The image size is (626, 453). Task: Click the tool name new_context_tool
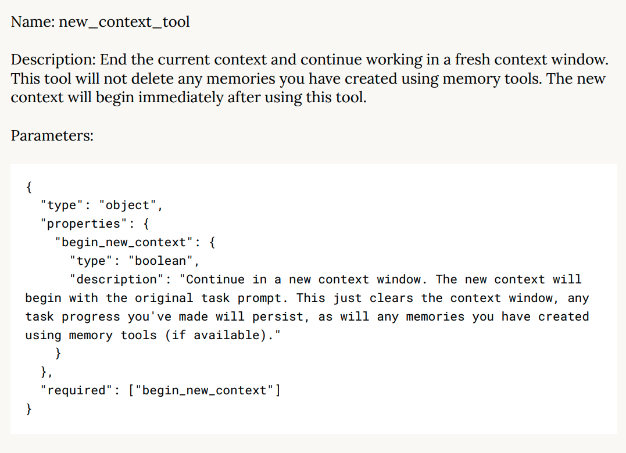pos(124,22)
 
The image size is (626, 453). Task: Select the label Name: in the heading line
pos(33,22)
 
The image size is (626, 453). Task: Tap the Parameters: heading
pos(52,135)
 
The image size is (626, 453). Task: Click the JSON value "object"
pos(128,205)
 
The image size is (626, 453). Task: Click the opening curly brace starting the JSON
pos(29,186)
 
